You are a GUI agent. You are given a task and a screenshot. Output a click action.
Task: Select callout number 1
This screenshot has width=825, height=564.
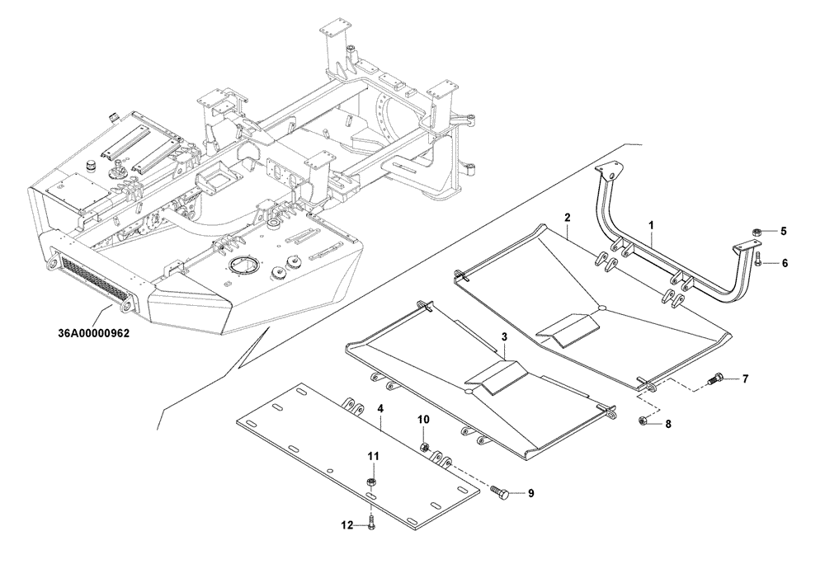point(651,224)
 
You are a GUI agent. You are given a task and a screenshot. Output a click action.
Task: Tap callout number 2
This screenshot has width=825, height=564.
point(568,218)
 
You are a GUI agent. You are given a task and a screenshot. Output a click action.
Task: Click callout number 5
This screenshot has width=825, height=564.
point(785,232)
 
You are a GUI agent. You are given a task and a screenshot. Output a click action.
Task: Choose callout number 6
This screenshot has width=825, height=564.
point(785,264)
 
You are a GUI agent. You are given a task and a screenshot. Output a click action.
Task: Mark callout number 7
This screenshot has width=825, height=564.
point(745,379)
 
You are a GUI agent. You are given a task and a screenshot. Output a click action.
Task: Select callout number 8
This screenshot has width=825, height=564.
point(668,424)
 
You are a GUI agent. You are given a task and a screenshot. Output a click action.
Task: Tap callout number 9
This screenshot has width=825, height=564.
point(531,494)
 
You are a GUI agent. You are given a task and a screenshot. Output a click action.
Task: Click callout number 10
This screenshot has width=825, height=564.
point(422,421)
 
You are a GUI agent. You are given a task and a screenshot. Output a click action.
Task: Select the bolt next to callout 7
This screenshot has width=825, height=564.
point(714,380)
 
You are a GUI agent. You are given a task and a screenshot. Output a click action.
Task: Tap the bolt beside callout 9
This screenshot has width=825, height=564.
point(498,492)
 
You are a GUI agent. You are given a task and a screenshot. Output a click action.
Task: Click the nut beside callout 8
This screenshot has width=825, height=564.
point(643,422)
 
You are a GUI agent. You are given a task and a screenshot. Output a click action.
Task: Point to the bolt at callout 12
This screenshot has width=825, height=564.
point(372,522)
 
